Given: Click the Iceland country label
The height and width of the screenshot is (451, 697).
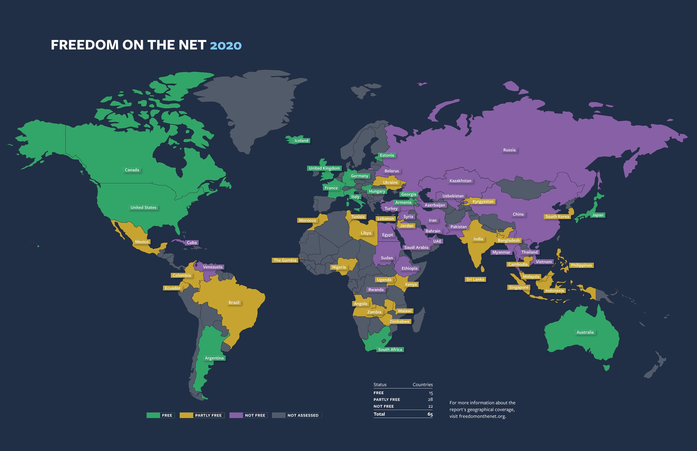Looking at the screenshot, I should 301,141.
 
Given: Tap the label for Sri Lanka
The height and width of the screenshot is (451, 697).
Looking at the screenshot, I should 475,279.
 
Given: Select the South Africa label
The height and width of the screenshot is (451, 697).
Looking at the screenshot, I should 390,350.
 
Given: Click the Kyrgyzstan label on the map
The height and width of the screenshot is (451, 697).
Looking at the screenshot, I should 483,201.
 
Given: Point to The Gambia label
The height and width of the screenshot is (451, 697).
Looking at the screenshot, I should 285,260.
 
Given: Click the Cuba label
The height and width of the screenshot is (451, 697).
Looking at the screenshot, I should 192,243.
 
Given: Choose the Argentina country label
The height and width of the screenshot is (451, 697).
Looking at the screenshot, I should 214,358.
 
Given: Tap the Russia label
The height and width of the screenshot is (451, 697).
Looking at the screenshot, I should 509,150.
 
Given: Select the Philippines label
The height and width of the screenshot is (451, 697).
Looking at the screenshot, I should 581,265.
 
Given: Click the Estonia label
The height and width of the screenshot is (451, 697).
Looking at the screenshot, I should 386,155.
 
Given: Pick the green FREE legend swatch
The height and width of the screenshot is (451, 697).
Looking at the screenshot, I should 153,415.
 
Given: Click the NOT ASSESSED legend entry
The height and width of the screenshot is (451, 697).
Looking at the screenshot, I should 302,415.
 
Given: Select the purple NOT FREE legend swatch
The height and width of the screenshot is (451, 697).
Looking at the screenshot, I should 236,415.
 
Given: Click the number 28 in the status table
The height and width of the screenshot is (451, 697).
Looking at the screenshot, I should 430,399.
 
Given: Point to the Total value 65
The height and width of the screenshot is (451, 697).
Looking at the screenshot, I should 430,414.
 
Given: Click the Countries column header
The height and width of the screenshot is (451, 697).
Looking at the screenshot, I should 422,385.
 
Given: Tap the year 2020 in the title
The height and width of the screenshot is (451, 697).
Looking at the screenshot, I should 225,45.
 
